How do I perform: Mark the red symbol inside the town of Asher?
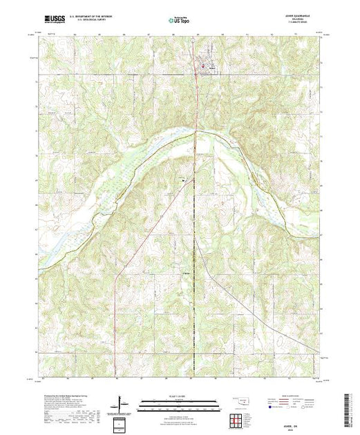[204, 66]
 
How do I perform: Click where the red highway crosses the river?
[196, 131]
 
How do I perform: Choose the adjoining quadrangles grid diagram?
[237, 420]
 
